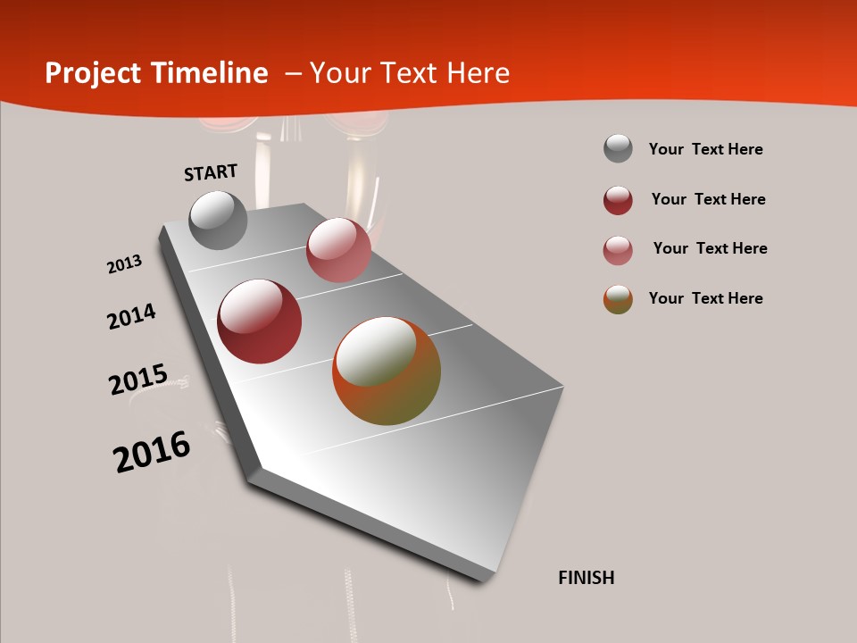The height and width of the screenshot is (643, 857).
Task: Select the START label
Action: (x=211, y=172)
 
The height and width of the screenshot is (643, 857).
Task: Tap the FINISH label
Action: (x=587, y=578)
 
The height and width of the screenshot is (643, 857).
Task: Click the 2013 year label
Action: (x=124, y=264)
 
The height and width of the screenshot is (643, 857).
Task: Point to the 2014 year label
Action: (x=131, y=317)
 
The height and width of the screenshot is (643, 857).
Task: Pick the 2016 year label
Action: (x=152, y=452)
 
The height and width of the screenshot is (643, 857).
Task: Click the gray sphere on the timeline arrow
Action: (x=218, y=220)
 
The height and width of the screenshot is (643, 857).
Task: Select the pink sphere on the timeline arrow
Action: (x=338, y=250)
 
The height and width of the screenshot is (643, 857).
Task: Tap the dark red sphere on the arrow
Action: (x=260, y=321)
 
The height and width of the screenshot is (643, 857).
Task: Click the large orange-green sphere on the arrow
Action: (x=387, y=371)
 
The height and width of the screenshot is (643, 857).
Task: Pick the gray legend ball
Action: (x=618, y=148)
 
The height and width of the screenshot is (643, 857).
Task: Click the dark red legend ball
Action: (x=618, y=200)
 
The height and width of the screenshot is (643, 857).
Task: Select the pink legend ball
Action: (x=618, y=250)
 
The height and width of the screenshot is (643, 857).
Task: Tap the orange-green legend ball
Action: (x=618, y=299)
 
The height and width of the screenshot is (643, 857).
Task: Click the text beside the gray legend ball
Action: (x=705, y=149)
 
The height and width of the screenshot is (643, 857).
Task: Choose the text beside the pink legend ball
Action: (x=710, y=248)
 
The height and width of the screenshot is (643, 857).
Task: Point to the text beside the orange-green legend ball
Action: (x=705, y=298)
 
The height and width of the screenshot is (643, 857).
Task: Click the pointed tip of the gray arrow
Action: (x=489, y=579)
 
